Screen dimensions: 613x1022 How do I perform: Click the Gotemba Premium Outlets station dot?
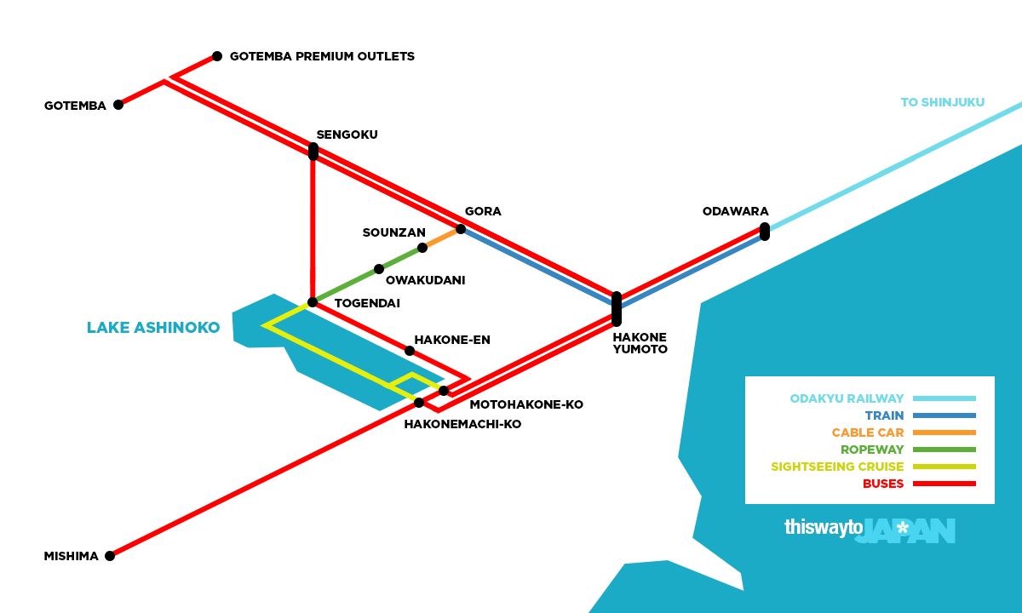pyautogui.click(x=217, y=56)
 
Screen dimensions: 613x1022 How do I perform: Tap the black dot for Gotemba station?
pyautogui.click(x=118, y=105)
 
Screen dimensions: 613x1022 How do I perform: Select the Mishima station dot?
pyautogui.click(x=110, y=556)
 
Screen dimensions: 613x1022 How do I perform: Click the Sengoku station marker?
pyautogui.click(x=313, y=152)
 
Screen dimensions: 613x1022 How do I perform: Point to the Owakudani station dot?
pyautogui.click(x=379, y=269)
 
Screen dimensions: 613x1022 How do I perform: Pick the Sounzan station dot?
pyautogui.click(x=422, y=248)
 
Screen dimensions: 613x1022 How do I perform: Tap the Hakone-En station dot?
pyautogui.click(x=410, y=351)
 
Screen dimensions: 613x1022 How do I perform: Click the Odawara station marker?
pyautogui.click(x=765, y=232)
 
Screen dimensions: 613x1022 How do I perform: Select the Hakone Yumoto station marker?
pyautogui.click(x=617, y=309)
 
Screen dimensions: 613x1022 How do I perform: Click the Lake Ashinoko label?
pyautogui.click(x=153, y=328)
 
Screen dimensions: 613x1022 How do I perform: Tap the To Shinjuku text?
pyautogui.click(x=942, y=103)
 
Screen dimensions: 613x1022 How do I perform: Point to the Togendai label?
pyautogui.click(x=367, y=303)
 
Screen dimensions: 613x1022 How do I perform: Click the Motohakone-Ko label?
pyautogui.click(x=526, y=404)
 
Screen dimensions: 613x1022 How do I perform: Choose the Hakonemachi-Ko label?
pyautogui.click(x=462, y=424)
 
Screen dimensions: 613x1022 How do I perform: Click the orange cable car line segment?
pyautogui.click(x=442, y=238)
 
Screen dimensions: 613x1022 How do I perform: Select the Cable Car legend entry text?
pyautogui.click(x=868, y=433)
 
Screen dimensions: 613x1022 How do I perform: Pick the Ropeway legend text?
pyautogui.click(x=872, y=450)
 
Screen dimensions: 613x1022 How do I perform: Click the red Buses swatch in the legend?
pyautogui.click(x=944, y=484)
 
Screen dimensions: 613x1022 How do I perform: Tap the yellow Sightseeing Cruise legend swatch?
pyautogui.click(x=944, y=467)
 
